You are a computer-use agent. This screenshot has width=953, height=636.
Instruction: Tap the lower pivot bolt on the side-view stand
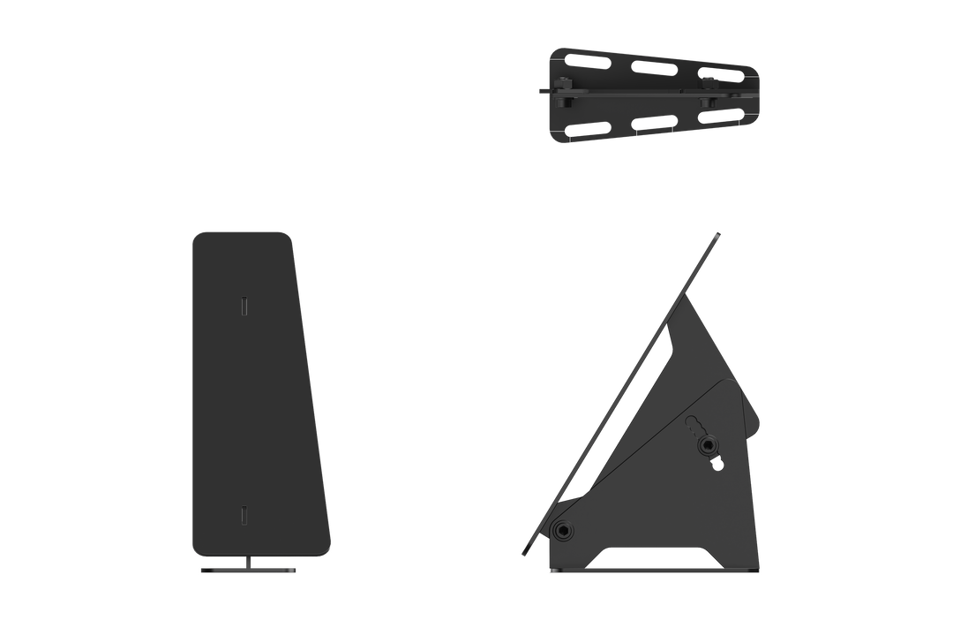(x=561, y=529)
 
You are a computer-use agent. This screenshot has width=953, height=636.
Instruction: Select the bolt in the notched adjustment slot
(x=711, y=443)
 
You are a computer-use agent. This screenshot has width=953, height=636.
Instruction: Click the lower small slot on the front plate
(x=244, y=514)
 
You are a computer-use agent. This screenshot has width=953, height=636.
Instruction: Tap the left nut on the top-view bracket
(x=561, y=85)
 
